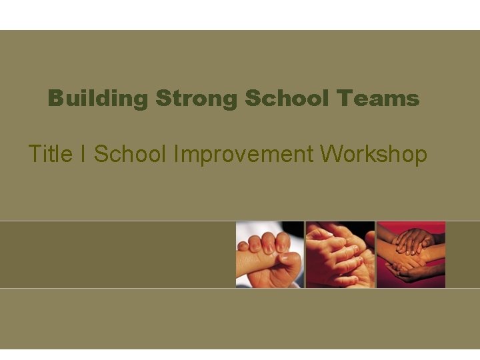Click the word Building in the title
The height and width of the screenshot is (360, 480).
[97, 99]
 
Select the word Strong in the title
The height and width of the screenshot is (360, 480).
[197, 99]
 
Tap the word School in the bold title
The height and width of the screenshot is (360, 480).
[288, 99]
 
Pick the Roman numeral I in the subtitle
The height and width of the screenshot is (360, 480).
[83, 154]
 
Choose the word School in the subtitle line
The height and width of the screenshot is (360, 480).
[130, 154]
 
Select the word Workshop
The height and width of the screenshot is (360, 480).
[373, 154]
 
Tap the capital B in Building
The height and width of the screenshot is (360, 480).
[55, 99]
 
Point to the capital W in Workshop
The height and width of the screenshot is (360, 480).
[331, 154]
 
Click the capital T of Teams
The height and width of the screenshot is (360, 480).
[343, 99]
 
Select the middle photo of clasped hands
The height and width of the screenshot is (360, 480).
[340, 255]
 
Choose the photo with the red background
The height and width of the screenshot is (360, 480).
[411, 255]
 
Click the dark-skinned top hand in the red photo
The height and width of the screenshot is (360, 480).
[413, 240]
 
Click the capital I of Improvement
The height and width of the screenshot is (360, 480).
[175, 154]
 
